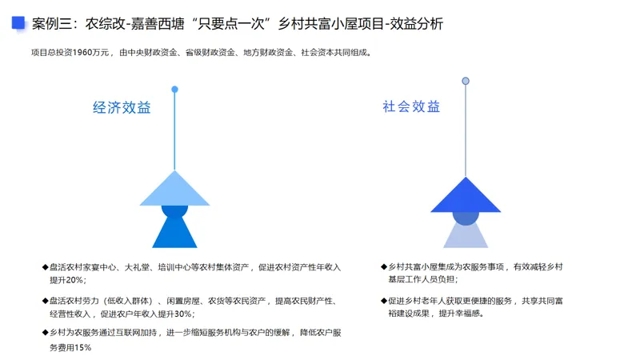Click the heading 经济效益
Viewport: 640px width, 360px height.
click(x=122, y=108)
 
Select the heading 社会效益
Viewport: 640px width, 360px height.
click(x=411, y=106)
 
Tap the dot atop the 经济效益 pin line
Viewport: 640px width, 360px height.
click(x=174, y=89)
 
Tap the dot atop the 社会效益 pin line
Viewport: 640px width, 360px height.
click(x=466, y=81)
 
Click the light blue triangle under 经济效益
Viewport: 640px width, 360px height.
click(x=174, y=190)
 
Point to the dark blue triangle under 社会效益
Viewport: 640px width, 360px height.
click(x=466, y=196)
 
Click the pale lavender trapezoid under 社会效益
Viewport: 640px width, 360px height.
click(x=466, y=235)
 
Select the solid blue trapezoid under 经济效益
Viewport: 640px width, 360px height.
click(x=174, y=234)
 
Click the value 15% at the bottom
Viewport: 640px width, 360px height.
click(x=82, y=347)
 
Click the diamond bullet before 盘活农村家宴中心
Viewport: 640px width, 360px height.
click(x=45, y=267)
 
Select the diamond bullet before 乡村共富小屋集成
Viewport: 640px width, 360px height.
click(x=383, y=266)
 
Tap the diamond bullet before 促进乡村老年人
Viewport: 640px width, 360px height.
click(x=383, y=301)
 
